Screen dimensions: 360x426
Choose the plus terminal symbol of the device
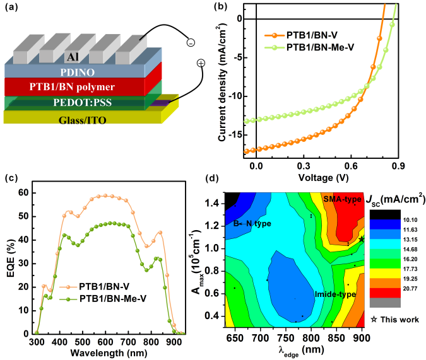[x=201, y=63]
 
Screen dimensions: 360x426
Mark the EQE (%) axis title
[x=11, y=256]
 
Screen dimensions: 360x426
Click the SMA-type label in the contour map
[x=341, y=199]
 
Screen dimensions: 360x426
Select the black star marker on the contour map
[x=362, y=240]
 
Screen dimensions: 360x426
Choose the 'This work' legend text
[x=399, y=320]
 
